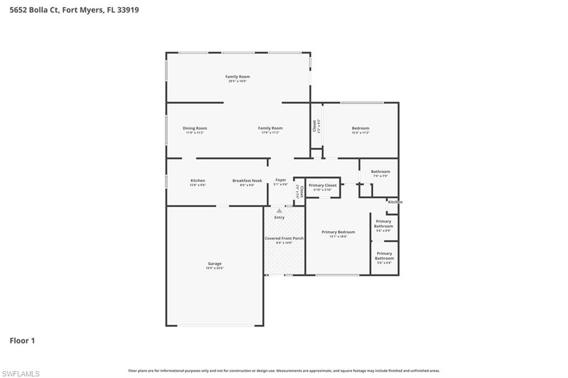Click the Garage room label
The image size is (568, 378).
coord(215,264)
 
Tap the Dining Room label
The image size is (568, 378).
coord(195,129)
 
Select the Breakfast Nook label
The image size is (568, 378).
coord(247,181)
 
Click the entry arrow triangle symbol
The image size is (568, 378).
coord(279,211)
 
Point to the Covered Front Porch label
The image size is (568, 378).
coord(284,238)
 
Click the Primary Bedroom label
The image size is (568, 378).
coord(338,232)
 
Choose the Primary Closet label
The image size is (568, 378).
coord(323,186)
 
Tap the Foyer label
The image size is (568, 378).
coord(281,180)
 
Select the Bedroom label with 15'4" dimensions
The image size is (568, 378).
coord(360,129)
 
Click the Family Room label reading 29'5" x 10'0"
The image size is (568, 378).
coord(237,77)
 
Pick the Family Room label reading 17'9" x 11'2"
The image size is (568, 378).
coord(270,129)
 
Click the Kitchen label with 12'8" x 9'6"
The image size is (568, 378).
coord(197,181)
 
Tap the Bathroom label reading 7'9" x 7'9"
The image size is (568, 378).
coord(381,172)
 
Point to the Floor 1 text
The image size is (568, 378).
coord(22,341)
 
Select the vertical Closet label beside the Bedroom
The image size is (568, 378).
coord(315,126)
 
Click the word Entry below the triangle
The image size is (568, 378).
coord(279,217)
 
